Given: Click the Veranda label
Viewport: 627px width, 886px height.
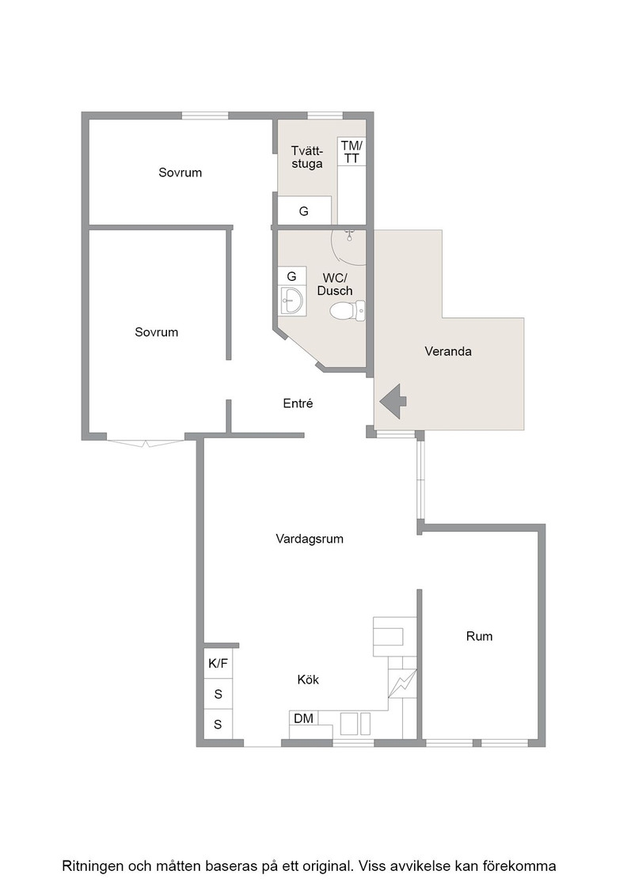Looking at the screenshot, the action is coord(448,351).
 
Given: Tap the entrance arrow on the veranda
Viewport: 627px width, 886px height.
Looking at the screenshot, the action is coord(393,401).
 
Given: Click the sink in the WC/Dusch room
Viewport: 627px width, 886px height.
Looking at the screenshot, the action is coord(292,300).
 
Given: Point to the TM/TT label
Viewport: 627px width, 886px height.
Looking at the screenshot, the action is coord(351,152).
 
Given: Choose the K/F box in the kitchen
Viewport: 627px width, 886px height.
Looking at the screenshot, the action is coord(218,664).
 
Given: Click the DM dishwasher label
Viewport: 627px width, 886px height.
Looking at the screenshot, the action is coord(304,719).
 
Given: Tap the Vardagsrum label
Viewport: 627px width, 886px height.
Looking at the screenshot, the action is coord(310,539).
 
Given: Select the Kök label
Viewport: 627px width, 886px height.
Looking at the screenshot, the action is coord(308,680).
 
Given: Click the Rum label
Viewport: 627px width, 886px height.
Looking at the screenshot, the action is coord(479,637).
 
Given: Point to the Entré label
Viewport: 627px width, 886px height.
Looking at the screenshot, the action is coord(298,403).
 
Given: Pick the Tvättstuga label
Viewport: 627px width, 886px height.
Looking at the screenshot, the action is coord(307,157).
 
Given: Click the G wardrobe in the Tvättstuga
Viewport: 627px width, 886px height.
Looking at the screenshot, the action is coord(304,210).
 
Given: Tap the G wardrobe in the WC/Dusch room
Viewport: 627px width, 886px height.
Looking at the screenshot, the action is coord(292,276).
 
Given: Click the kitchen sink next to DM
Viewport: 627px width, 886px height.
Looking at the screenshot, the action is coord(355,724).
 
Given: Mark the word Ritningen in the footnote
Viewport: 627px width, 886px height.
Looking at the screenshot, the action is coord(93,866).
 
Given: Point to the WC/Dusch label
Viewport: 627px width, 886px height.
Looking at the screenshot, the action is coord(335,284).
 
